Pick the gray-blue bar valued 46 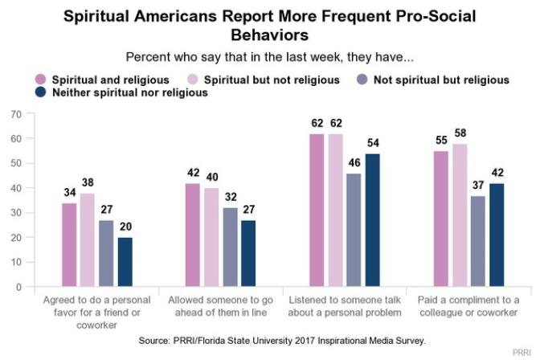pyautogui.click(x=353, y=230)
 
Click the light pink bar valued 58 pyautogui.click(x=460, y=215)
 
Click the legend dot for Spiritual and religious pyautogui.click(x=40, y=80)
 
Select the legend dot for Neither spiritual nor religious pyautogui.click(x=40, y=93)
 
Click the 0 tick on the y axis pyautogui.click(x=18, y=287)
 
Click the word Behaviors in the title pyautogui.click(x=270, y=36)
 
